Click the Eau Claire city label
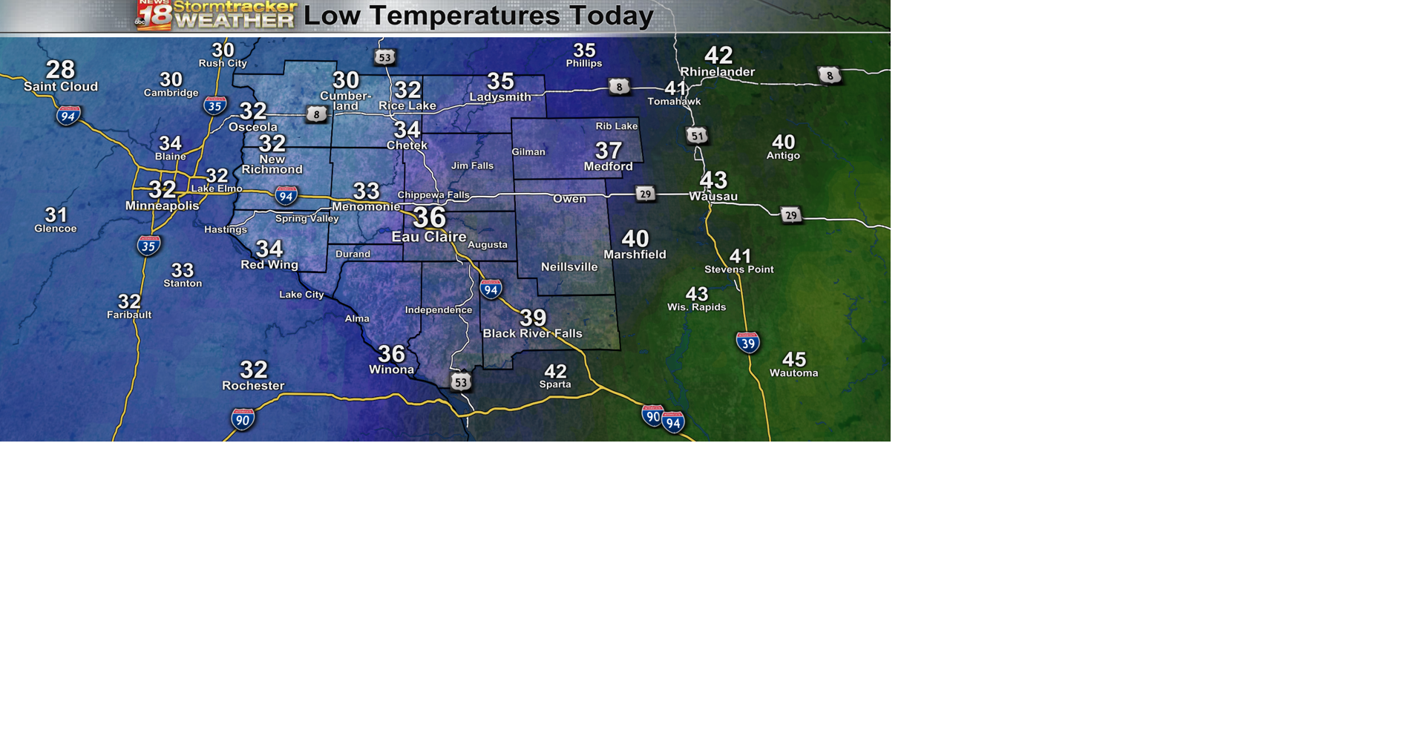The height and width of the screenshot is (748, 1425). click(x=429, y=237)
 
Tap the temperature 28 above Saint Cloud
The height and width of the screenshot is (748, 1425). click(x=60, y=70)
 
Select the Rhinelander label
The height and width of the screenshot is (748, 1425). click(x=717, y=72)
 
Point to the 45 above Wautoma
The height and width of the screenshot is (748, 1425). click(x=793, y=360)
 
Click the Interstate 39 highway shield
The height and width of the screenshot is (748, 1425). click(x=747, y=342)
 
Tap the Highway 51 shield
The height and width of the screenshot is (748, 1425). click(x=696, y=136)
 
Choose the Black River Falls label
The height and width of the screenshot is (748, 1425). click(x=532, y=334)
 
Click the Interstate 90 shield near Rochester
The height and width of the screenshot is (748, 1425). click(x=243, y=419)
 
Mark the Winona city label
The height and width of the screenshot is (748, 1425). click(x=391, y=370)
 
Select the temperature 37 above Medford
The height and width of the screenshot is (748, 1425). click(x=609, y=151)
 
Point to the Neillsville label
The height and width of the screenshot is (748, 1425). click(x=569, y=267)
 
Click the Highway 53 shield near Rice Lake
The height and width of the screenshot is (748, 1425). click(x=384, y=57)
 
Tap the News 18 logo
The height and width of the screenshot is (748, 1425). click(x=154, y=15)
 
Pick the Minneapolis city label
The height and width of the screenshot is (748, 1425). click(x=162, y=206)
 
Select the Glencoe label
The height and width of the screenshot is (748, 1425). click(x=56, y=229)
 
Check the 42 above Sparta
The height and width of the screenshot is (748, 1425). click(x=555, y=371)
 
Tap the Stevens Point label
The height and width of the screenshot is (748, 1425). click(x=738, y=269)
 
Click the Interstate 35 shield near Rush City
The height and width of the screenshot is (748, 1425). click(x=214, y=106)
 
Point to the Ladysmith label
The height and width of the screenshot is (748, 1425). click(x=500, y=97)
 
